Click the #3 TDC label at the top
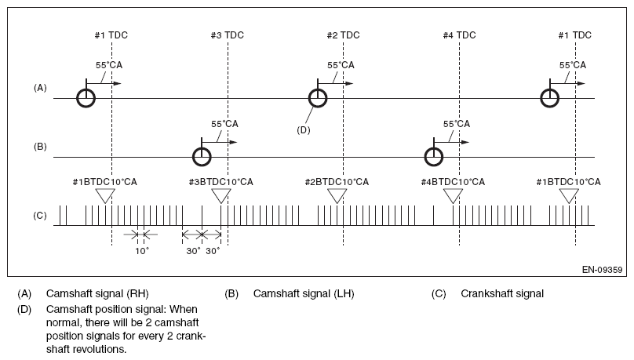pos(228,35)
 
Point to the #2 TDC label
pos(343,35)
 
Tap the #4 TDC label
pos(459,35)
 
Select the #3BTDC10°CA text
pos(220,182)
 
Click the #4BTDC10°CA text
pos(453,182)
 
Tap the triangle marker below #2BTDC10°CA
pos(337,196)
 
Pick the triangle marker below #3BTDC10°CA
pos(221,196)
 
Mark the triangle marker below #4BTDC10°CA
pos(453,196)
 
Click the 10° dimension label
pos(142,251)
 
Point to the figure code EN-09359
pos(602,270)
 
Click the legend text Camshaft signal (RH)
pos(97,294)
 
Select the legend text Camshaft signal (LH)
pos(304,294)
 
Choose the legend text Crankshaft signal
pos(502,294)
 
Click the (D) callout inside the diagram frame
pos(303,130)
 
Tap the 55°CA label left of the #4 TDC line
pos(457,124)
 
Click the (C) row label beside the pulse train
pos(40,216)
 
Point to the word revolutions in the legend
pos(96,349)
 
